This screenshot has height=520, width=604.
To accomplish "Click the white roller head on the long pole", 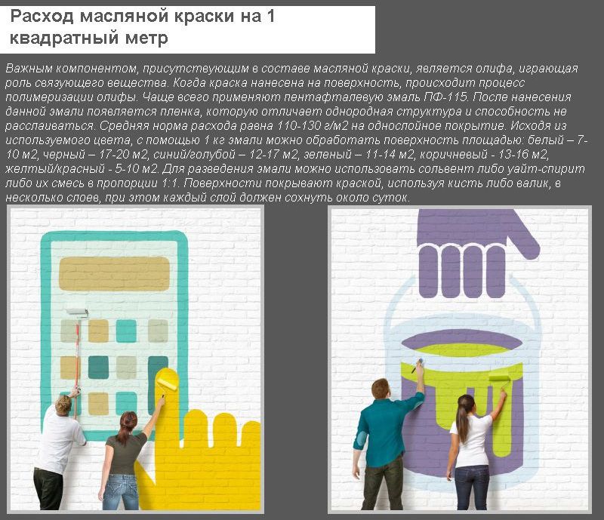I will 75,310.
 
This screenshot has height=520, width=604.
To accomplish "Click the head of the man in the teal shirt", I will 382,389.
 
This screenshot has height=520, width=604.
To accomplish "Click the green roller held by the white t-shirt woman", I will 498,376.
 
